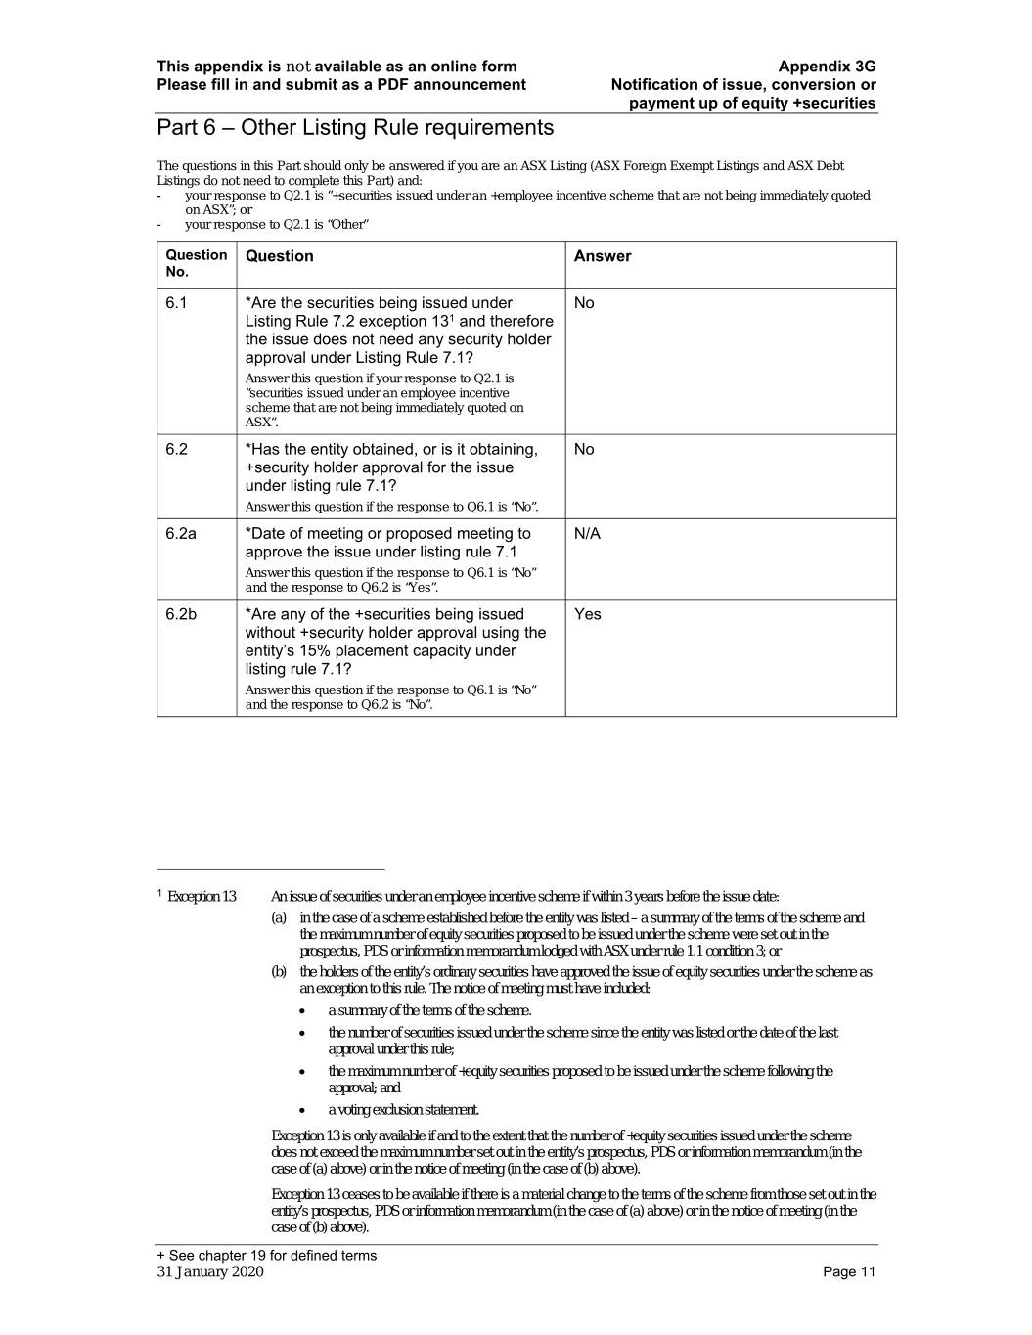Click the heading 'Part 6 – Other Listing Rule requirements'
coord(355,128)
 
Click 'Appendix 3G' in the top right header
coord(827,67)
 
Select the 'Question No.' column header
coord(196,263)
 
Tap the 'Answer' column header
coord(603,256)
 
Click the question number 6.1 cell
coord(176,303)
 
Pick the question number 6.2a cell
coord(181,534)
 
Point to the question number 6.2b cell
coord(181,614)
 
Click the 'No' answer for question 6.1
coord(584,303)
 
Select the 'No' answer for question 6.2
coord(584,450)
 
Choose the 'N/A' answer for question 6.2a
coord(587,534)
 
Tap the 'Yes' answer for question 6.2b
coord(588,614)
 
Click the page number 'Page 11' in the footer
coord(849,1272)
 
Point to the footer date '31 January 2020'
coord(210,1272)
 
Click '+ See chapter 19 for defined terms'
coord(266,1256)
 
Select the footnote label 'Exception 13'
coord(202,897)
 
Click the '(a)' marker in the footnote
coord(279,918)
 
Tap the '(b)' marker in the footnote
coord(279,972)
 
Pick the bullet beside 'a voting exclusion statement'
coord(306,1110)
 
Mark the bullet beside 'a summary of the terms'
coord(306,1011)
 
